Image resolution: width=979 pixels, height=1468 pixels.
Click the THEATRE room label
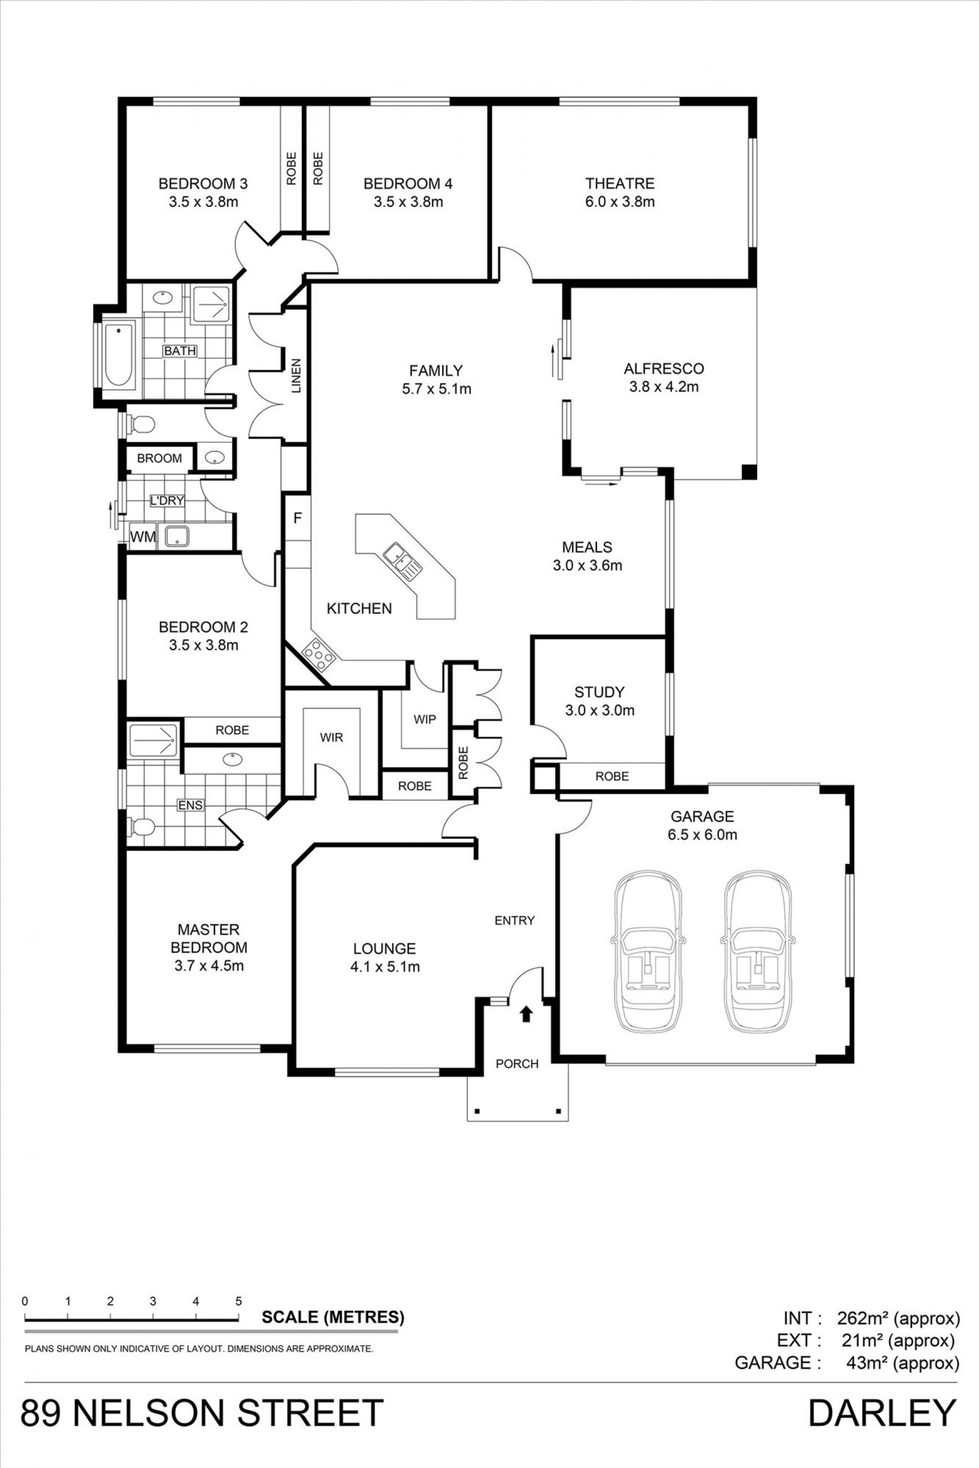pyautogui.click(x=620, y=183)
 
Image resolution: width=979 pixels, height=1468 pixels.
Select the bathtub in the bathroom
pyautogui.click(x=119, y=356)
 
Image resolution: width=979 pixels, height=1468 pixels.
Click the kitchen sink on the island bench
pyautogui.click(x=403, y=557)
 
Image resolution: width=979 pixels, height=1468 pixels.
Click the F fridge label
pyautogui.click(x=298, y=517)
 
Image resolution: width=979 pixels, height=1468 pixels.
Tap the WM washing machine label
pyautogui.click(x=143, y=537)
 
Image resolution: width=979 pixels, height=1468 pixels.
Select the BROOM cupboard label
pyautogui.click(x=159, y=458)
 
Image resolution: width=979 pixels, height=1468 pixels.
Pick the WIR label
pyautogui.click(x=331, y=738)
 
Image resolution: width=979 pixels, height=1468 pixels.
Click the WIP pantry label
pyautogui.click(x=425, y=719)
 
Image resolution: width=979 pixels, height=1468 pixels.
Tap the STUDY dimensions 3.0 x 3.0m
pyautogui.click(x=600, y=710)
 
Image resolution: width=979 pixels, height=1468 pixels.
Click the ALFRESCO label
pyautogui.click(x=664, y=368)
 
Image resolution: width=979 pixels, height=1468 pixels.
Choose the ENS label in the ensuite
pyautogui.click(x=190, y=805)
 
